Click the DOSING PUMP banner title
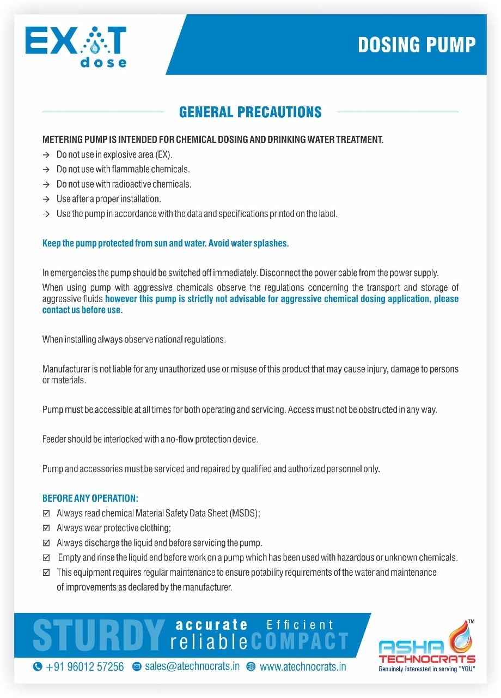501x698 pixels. [x=417, y=45]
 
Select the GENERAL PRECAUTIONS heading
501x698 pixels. [x=250, y=112]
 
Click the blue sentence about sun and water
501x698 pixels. [x=166, y=243]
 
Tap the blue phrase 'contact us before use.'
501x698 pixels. [x=83, y=310]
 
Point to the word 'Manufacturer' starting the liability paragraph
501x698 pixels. [x=65, y=369]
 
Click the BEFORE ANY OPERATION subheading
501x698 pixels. [x=90, y=498]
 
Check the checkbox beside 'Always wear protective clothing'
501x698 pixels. [x=46, y=528]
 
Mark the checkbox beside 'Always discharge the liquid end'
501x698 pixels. [x=46, y=543]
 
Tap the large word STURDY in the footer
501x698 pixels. [x=99, y=635]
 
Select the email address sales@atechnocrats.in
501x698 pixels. [x=192, y=667]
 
